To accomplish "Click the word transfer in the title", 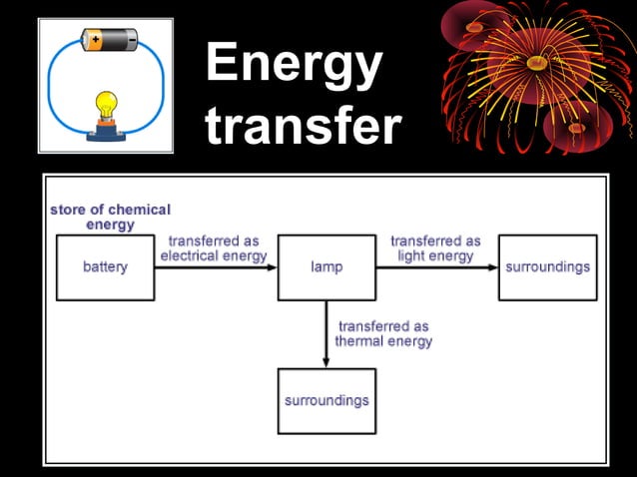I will (304, 127).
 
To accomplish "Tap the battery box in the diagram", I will (105, 267).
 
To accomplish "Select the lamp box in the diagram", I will (326, 267).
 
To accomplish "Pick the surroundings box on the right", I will (547, 267).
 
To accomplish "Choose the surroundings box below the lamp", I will (326, 400).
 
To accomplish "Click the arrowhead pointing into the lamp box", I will (272, 267).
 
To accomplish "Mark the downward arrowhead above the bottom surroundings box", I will (326, 361).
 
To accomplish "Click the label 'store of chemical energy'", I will (110, 217).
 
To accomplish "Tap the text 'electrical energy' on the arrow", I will (215, 255).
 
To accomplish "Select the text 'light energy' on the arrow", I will (435, 255).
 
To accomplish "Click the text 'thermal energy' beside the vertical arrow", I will (383, 341).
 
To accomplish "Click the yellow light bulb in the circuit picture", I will (106, 103).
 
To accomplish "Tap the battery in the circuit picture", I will (110, 40).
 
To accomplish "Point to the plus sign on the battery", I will (95, 40).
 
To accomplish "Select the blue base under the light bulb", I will (106, 135).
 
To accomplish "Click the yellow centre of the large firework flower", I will (536, 62).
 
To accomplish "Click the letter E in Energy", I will (222, 64).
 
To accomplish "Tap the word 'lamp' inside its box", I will (326, 267).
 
